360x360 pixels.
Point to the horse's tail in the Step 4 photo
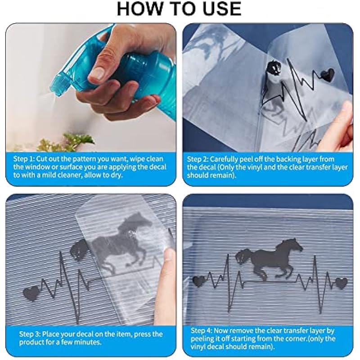(243, 256)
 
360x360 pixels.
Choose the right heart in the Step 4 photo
(342, 283)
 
